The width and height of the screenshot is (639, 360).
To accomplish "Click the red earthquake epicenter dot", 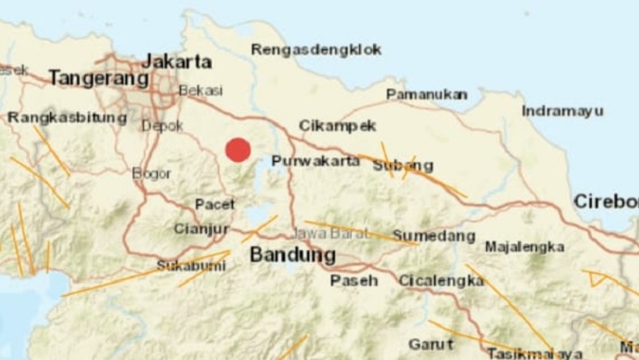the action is tap(237, 150).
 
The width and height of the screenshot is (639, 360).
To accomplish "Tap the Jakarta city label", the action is tap(176, 61).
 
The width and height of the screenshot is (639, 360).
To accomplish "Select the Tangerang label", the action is tap(98, 78).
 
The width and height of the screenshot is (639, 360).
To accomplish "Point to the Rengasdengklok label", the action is tap(315, 49).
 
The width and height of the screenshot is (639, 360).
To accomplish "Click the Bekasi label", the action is tap(200, 91).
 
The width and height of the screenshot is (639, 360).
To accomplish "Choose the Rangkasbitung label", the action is tap(67, 118).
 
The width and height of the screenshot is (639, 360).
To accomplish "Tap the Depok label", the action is tap(162, 125).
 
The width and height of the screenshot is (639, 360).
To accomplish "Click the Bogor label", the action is tap(151, 173).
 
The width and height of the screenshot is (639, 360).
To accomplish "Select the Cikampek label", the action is tap(337, 125).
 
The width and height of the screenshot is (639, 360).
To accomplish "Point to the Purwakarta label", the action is tap(315, 161).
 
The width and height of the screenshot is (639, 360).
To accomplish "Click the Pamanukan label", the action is tap(426, 95).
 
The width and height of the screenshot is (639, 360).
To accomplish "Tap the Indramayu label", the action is tap(562, 111).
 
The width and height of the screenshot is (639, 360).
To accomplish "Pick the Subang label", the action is tap(403, 166).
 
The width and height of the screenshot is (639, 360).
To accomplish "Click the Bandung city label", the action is tap(292, 255).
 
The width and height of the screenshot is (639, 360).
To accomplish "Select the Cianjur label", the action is tap(201, 229).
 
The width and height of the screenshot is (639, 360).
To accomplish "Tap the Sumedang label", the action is tap(434, 236).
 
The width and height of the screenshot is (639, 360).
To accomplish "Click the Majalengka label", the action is tap(524, 247).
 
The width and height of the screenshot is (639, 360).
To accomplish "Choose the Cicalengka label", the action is tap(441, 281).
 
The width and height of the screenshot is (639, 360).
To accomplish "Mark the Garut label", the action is tap(430, 344).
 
